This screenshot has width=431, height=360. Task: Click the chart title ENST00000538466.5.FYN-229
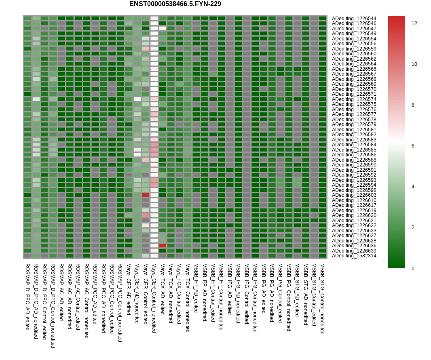pos(175,4)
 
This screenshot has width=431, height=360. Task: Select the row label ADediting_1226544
pos(354,19)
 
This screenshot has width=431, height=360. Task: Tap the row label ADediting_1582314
pos(354,256)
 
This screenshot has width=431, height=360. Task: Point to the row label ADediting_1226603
pos(354,195)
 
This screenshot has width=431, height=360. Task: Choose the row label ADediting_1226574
pos(354,99)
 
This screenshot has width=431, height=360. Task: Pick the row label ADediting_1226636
pos(354,246)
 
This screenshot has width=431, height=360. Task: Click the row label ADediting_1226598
pos(354,190)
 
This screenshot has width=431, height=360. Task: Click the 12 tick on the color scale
pos(414,23)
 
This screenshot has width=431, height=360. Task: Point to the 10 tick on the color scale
pos(414,64)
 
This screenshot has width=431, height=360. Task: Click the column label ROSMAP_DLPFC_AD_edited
pos(27,297)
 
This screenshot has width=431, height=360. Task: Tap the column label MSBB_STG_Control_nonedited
pos(322,299)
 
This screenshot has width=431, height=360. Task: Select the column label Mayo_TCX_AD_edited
pos(163,289)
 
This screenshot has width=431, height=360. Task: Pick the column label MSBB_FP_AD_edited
pos(196,288)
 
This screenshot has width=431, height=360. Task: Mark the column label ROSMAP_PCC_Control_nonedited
pos(120,303)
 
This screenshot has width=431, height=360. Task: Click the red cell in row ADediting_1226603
pos(146,195)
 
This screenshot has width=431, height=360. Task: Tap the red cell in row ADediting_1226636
pos(163,246)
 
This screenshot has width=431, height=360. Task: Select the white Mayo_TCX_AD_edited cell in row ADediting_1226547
pos(163,28)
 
